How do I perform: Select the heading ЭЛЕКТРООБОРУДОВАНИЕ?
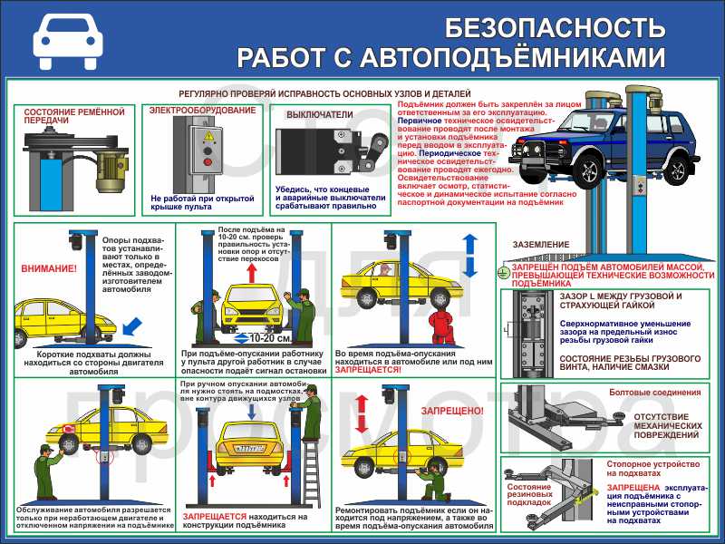[x=202, y=111]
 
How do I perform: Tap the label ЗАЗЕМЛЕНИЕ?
[x=541, y=245]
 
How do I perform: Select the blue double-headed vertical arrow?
[x=469, y=256]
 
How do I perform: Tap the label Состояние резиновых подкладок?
[x=529, y=493]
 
